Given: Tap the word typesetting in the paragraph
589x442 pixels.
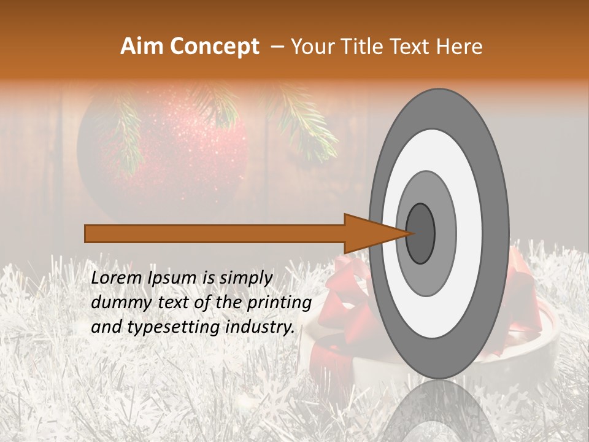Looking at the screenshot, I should [x=168, y=327].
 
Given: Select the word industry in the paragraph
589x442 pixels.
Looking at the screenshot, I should [x=261, y=327].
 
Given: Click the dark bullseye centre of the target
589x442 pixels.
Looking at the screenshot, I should [x=420, y=233].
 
